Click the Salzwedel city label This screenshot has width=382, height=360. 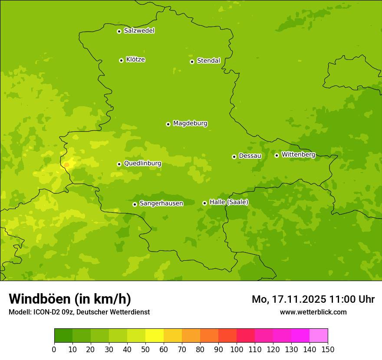click(x=139, y=31)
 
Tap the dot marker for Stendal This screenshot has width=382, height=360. click(x=192, y=62)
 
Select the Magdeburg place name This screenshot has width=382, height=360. click(x=190, y=124)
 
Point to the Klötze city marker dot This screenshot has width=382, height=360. click(x=121, y=60)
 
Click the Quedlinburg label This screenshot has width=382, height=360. click(x=142, y=164)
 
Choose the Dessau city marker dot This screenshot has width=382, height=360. click(x=234, y=157)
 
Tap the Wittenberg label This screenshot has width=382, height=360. click(x=298, y=155)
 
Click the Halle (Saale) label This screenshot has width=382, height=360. click(x=228, y=202)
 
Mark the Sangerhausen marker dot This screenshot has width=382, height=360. click(x=135, y=204)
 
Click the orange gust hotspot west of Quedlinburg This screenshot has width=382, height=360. click(x=66, y=164)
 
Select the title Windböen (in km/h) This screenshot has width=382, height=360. click(x=69, y=299)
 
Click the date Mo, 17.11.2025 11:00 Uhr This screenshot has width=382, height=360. click(x=313, y=299)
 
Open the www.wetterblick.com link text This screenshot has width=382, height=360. click(x=313, y=312)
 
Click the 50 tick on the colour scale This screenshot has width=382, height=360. click(x=145, y=349)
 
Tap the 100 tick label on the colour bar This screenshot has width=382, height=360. click(x=237, y=349)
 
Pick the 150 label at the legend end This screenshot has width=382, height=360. click(x=327, y=349)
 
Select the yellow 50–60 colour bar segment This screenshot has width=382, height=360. click(x=155, y=336)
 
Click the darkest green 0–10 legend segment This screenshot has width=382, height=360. click(x=63, y=336)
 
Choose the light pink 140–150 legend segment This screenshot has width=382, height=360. click(x=319, y=336)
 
